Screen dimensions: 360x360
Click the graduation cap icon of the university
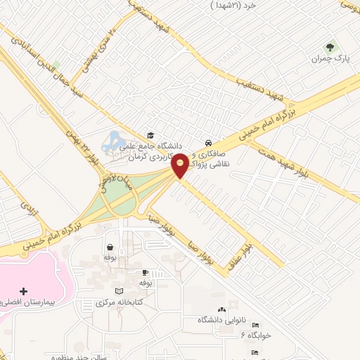(x=149, y=135)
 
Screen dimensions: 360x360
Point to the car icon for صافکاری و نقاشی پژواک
(x=207, y=141)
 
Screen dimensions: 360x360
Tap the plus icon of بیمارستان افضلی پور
(x=24, y=291)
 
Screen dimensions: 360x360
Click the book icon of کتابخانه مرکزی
(x=119, y=291)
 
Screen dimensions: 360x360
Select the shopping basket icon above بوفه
(x=110, y=247)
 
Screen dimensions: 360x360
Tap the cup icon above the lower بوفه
(x=146, y=272)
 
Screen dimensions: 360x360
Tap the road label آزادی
(x=27, y=209)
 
